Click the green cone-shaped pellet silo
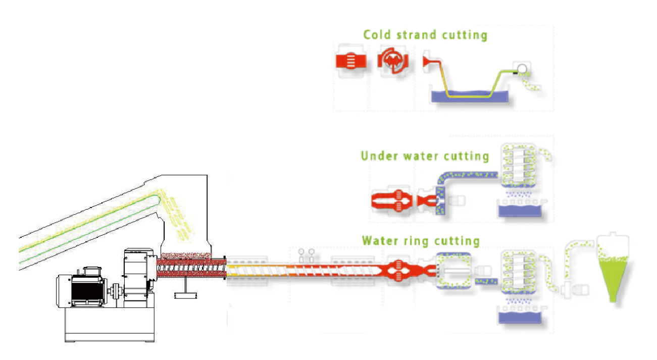613,279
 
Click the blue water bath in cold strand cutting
470,96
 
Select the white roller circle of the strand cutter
522,69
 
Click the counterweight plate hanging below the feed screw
185,295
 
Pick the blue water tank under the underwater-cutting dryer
520,211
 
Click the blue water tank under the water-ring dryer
520,318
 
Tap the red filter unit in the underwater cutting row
392,201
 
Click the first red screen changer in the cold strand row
351,61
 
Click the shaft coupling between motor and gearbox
115,291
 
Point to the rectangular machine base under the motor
110,325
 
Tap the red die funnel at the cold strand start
428,62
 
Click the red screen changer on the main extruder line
398,270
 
